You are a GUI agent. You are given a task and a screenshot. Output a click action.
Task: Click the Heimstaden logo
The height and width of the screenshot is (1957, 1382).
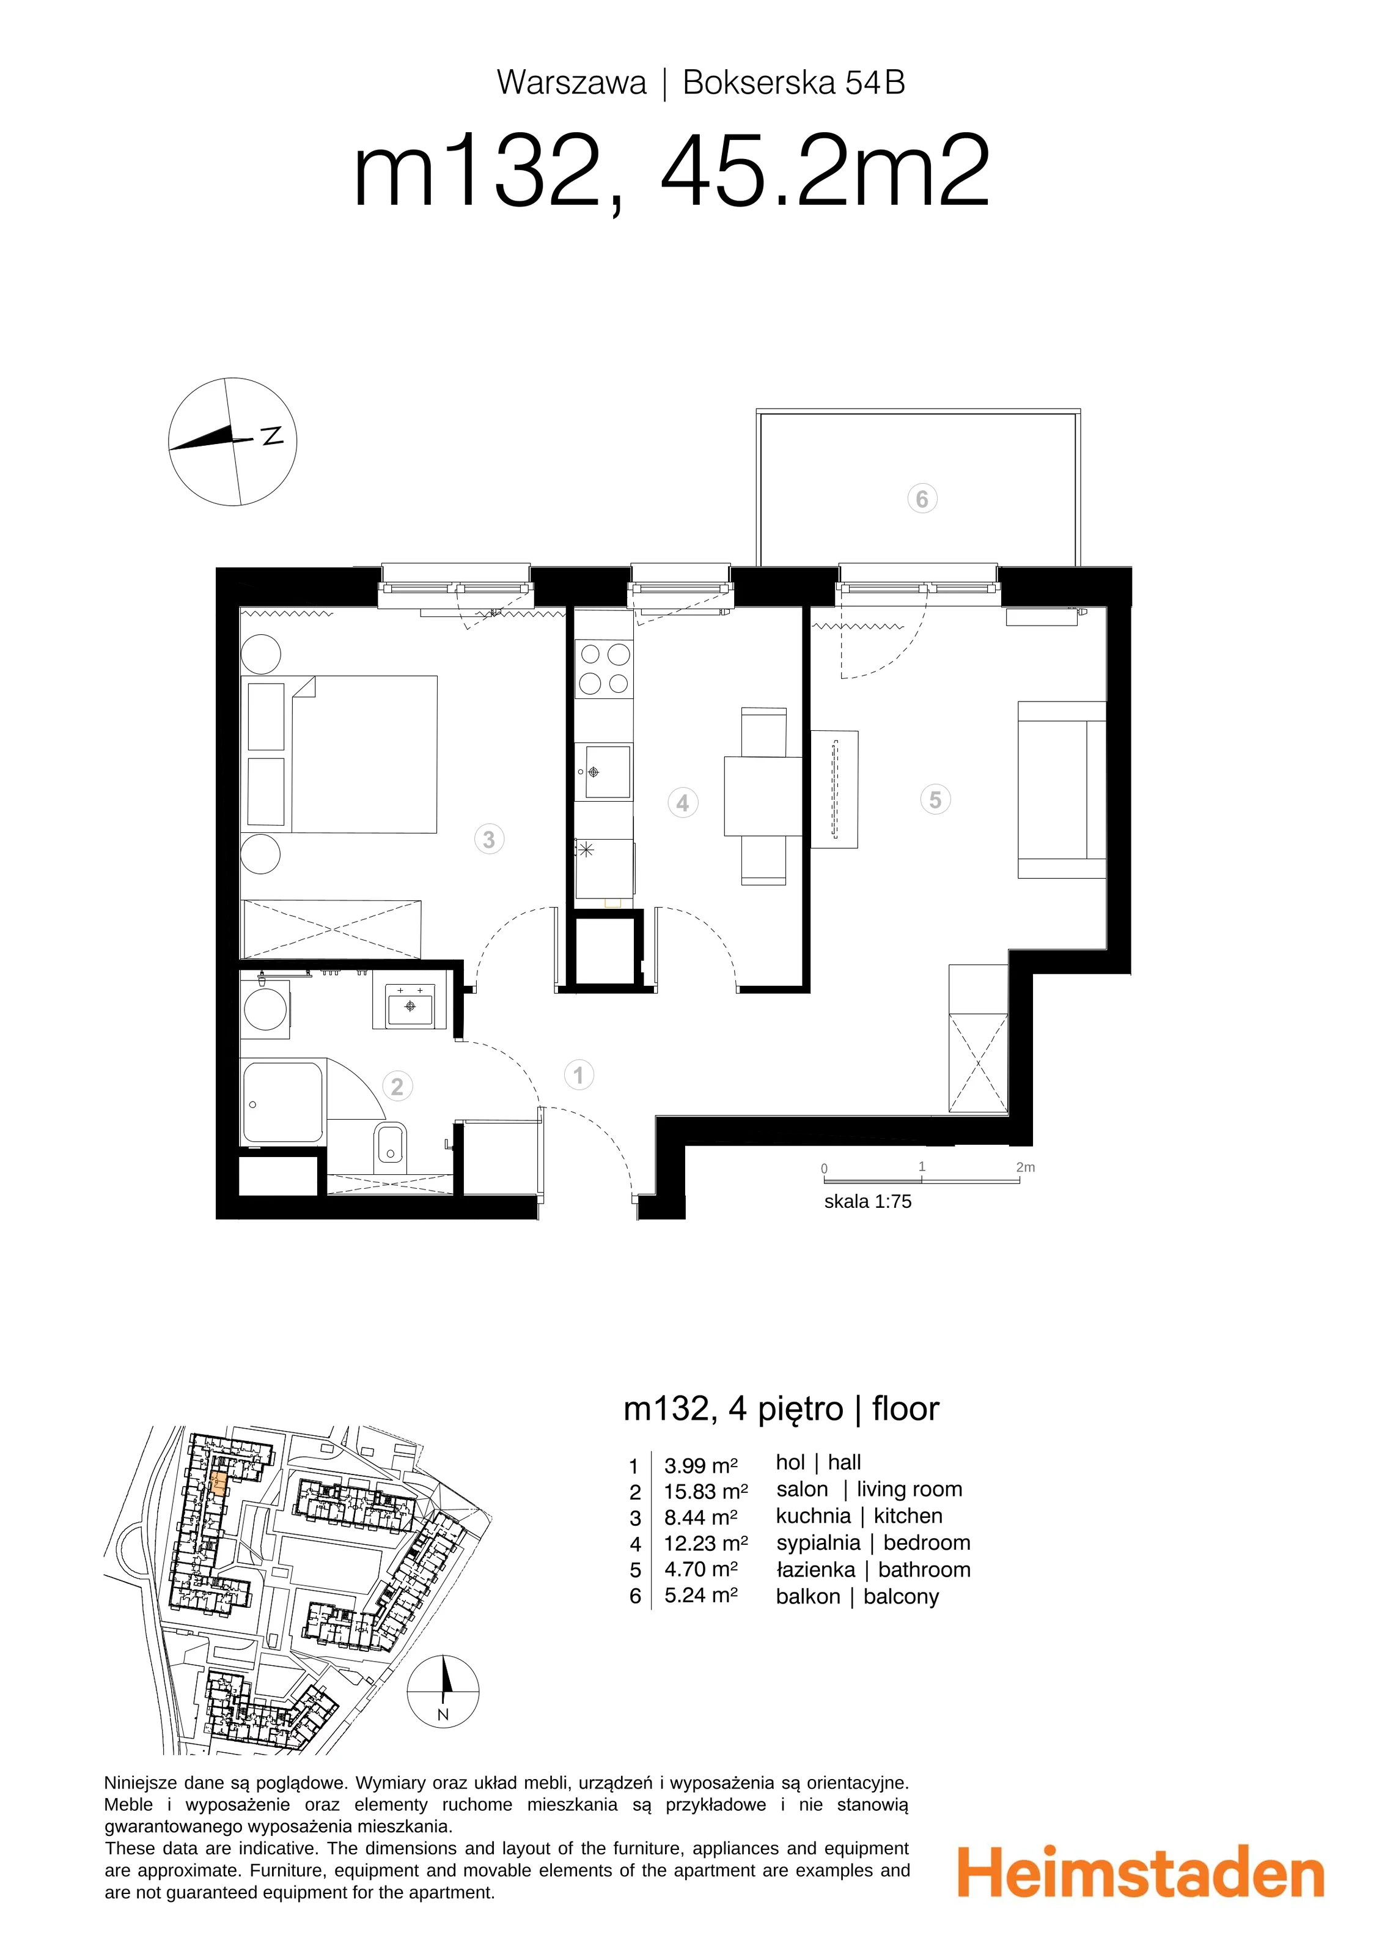click(x=1141, y=1873)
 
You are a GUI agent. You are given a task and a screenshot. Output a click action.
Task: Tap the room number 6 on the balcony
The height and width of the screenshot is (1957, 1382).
click(x=922, y=498)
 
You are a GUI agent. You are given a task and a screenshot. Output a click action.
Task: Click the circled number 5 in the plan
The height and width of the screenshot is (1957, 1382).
click(x=936, y=799)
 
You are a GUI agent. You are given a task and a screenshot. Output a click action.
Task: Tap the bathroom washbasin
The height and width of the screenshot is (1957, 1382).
click(x=410, y=1006)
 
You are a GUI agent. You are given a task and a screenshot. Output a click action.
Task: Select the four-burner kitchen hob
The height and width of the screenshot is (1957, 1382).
click(x=604, y=669)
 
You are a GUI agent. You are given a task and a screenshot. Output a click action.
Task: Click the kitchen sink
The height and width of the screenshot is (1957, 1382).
click(x=603, y=771)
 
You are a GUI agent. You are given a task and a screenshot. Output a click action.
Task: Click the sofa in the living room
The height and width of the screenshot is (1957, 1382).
click(x=1062, y=790)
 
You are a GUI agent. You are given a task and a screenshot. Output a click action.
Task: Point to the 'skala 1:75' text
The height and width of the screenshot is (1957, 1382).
click(x=867, y=1201)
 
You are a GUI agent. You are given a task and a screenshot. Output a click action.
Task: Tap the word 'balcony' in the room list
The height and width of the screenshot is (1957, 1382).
click(x=900, y=1597)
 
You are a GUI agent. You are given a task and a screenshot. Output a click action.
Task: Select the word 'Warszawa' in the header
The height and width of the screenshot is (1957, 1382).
click(x=572, y=83)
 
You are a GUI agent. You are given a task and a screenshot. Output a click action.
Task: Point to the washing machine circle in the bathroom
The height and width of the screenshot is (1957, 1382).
click(x=265, y=1011)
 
